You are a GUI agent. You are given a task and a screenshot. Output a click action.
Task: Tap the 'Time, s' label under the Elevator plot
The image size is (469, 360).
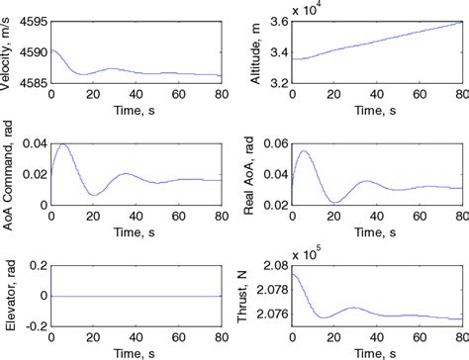click(x=136, y=350)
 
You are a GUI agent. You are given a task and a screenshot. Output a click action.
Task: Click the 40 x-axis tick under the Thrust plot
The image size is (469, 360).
click(x=378, y=337)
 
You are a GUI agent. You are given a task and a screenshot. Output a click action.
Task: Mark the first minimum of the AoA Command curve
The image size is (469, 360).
click(x=91, y=194)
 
